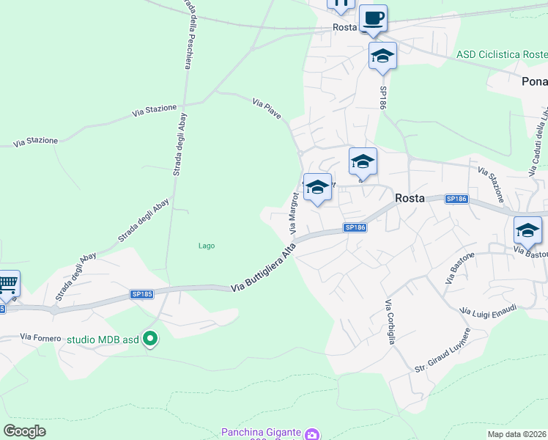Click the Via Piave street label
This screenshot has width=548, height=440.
coord(267,109)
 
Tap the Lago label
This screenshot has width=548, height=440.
coord(207,246)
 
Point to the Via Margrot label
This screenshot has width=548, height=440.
coord(295,213)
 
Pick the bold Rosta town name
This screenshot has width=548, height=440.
coord(410,198)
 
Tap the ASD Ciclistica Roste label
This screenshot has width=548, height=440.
coord(501,55)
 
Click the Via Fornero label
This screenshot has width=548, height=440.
coord(40,337)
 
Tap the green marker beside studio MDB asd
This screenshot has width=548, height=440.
coord(150,339)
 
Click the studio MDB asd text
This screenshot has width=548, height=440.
coord(103,340)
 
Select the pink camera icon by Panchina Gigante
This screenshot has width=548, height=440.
coord(313,434)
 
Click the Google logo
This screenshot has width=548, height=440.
coord(26,430)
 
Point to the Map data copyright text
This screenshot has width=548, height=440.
coord(516,434)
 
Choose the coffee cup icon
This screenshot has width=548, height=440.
coord(373,18)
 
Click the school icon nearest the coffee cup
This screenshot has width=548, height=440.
coord(382,56)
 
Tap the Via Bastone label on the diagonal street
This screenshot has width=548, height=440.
coord(459,269)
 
